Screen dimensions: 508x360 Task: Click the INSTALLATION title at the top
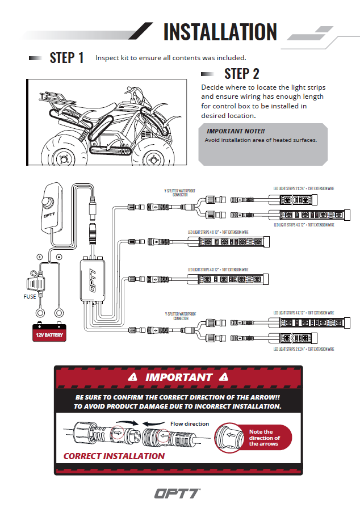coord(220,32)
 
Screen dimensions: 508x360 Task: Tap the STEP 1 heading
coord(66,57)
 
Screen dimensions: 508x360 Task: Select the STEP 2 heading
coord(242,73)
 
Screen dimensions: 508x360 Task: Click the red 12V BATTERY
coord(49,331)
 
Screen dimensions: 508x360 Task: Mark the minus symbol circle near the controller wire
coord(58,257)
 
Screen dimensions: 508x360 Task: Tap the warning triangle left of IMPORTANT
coord(133,376)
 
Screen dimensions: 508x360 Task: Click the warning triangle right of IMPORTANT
coord(224,376)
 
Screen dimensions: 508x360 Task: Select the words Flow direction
coord(190,423)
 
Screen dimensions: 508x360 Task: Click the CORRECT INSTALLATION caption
coord(114,456)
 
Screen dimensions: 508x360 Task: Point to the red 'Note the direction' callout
coord(264,438)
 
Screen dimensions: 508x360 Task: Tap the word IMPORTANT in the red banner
coord(179,376)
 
